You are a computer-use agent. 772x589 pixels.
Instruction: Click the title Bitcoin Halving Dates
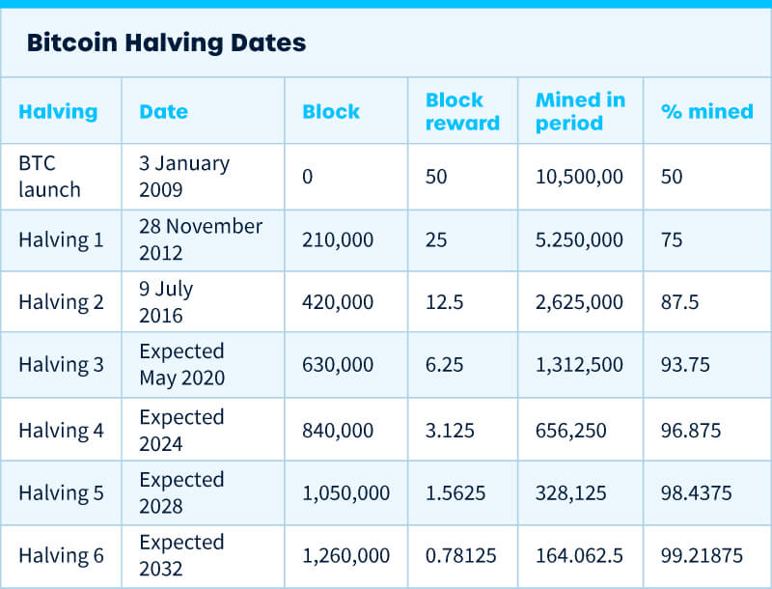(x=166, y=42)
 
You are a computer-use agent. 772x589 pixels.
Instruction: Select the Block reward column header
(x=462, y=111)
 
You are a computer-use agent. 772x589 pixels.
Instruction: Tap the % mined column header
(x=706, y=111)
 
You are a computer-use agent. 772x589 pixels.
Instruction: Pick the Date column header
(x=163, y=111)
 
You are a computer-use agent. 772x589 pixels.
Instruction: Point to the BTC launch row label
(x=49, y=176)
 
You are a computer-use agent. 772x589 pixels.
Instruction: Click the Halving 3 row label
(x=61, y=365)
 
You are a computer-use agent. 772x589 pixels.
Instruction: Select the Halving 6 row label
(x=61, y=555)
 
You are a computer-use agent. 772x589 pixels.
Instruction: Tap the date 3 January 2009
(x=184, y=176)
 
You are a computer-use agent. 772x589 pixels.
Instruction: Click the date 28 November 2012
(x=201, y=238)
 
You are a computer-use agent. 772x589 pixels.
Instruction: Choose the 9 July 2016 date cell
(x=167, y=301)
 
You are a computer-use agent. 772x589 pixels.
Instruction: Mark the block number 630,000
(x=338, y=365)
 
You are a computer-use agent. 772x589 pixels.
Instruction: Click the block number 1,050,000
(x=346, y=492)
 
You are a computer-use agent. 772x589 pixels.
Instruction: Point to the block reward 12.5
(x=444, y=302)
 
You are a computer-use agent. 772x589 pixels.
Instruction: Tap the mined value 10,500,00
(x=579, y=176)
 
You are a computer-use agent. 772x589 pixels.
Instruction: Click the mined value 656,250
(x=571, y=430)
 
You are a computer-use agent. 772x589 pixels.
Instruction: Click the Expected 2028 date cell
(x=181, y=492)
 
